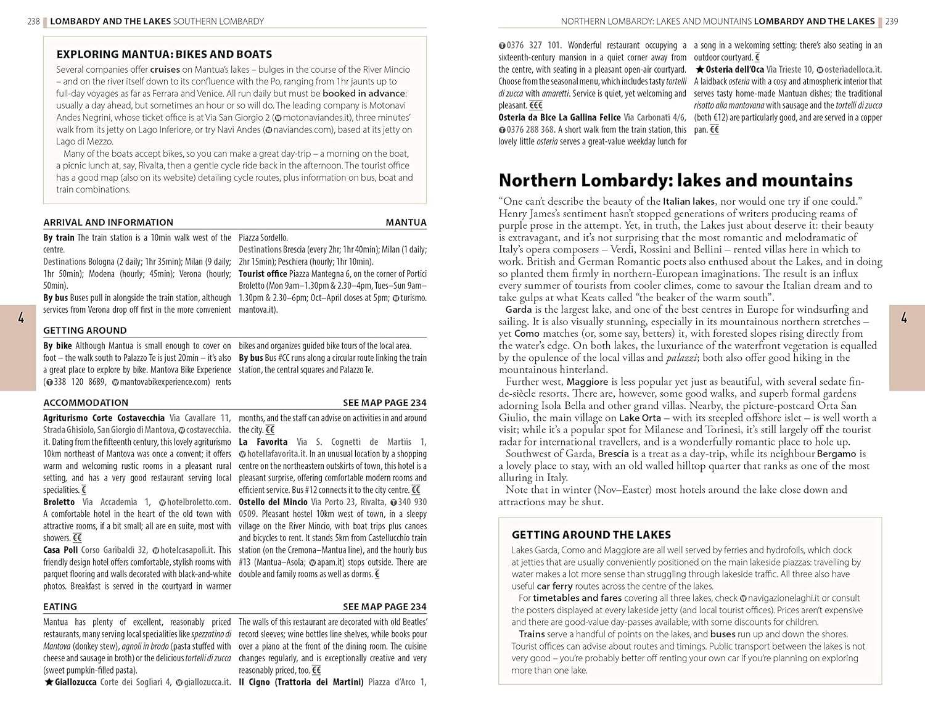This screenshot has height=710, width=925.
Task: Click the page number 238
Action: pyautogui.click(x=33, y=21)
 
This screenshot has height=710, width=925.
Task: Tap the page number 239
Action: pyautogui.click(x=892, y=21)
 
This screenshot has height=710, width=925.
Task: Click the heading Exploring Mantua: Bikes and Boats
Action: pyautogui.click(x=164, y=54)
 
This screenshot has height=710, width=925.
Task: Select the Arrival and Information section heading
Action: pyautogui.click(x=108, y=222)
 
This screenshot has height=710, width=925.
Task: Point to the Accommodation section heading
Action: pyautogui.click(x=86, y=403)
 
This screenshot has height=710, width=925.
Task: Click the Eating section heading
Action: pyautogui.click(x=60, y=607)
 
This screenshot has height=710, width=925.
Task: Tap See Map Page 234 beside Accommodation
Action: pyautogui.click(x=384, y=403)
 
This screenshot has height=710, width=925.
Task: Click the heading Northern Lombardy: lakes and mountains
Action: pyautogui.click(x=675, y=180)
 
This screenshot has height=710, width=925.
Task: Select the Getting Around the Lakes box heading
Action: pyautogui.click(x=591, y=535)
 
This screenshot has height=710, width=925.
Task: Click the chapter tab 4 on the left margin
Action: pyautogui.click(x=21, y=318)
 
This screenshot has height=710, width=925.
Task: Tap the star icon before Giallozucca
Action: pyautogui.click(x=49, y=682)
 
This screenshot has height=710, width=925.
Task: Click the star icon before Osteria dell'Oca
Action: pyautogui.click(x=699, y=70)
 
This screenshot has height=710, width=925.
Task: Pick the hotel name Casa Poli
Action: pyautogui.click(x=60, y=550)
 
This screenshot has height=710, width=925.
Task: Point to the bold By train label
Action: pyautogui.click(x=59, y=237)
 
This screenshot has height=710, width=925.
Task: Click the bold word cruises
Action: pyautogui.click(x=165, y=70)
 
